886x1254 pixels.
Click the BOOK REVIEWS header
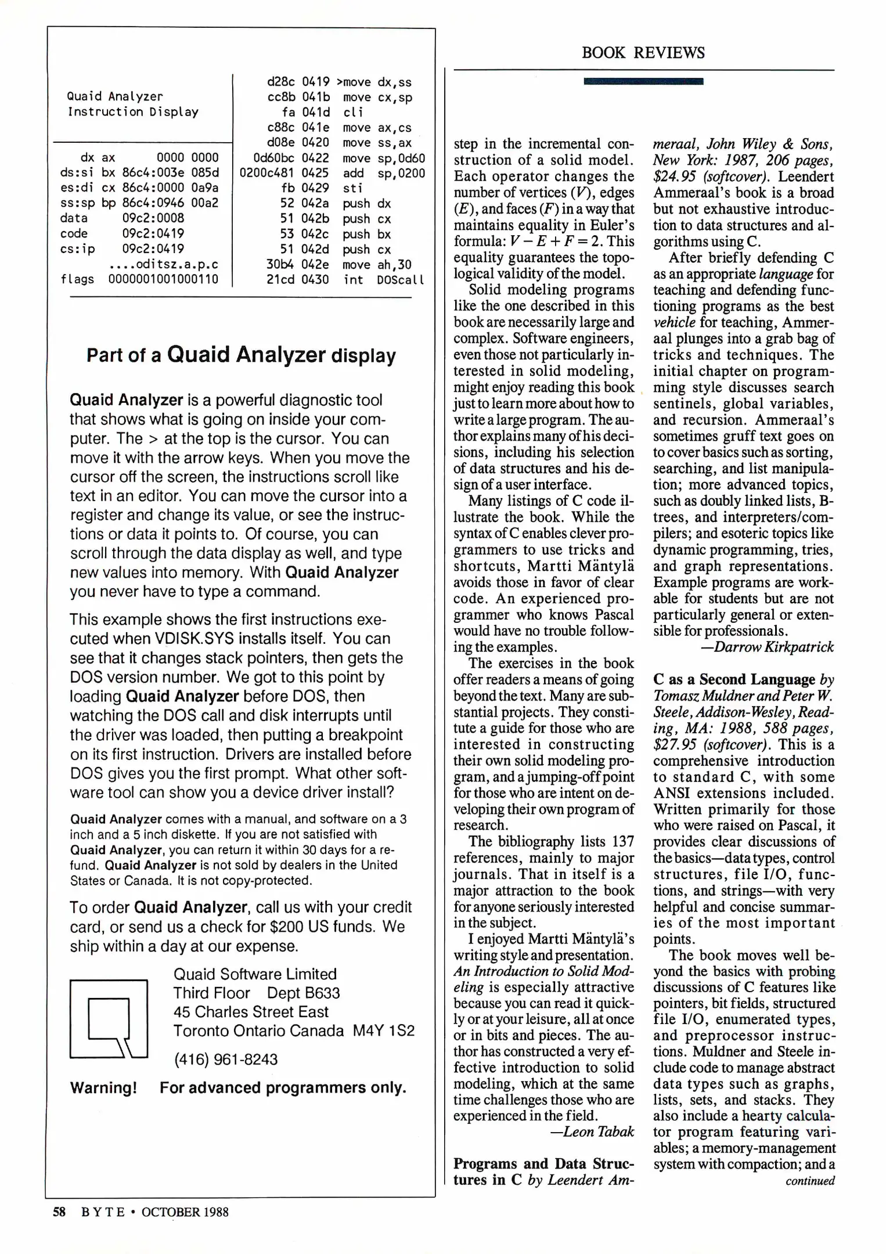click(x=643, y=53)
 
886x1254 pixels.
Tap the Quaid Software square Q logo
click(x=109, y=1019)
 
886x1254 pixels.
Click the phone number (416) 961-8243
click(x=226, y=1060)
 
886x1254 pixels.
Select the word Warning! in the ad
click(x=103, y=1088)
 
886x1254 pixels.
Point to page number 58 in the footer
click(x=59, y=1212)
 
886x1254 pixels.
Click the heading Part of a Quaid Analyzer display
click(x=241, y=355)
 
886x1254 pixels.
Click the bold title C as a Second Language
click(x=734, y=679)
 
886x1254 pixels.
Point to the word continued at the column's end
click(x=810, y=1180)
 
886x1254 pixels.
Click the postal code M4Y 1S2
click(x=384, y=1031)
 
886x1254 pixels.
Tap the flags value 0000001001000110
click(x=163, y=279)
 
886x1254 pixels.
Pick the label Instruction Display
click(x=133, y=112)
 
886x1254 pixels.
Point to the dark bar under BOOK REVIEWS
click(x=643, y=81)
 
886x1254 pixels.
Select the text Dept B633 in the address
click(x=303, y=993)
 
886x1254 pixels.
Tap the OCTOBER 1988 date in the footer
click(x=185, y=1212)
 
